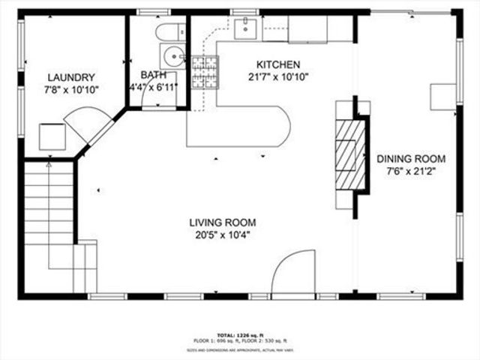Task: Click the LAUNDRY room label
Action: tap(71, 77)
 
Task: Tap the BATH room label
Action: tap(153, 75)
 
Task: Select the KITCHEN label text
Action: tap(278, 64)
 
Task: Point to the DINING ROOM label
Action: tap(411, 158)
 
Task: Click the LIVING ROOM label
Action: tap(222, 222)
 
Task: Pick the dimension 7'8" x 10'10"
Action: tap(71, 89)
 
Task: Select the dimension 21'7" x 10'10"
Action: tap(278, 76)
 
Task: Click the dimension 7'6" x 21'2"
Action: tap(411, 171)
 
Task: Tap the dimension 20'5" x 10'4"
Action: tap(222, 235)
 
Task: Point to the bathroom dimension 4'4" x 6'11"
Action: tap(153, 88)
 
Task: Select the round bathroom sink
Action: tap(173, 55)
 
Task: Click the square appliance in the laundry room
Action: tap(53, 136)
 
